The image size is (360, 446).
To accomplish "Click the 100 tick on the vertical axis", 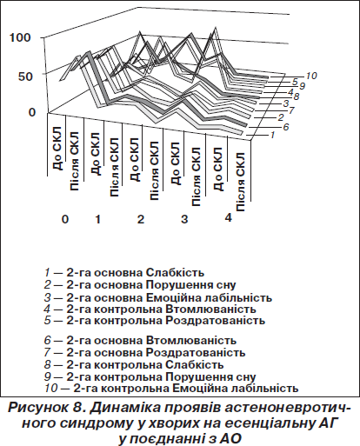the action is [x=20, y=37].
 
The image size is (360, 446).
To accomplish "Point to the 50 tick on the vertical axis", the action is [x=24, y=77].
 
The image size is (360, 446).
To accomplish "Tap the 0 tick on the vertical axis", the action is [x=32, y=112].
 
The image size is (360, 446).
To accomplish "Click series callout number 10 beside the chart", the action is [x=310, y=76].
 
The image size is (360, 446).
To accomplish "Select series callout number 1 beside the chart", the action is [x=272, y=135].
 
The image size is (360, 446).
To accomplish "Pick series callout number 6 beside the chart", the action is [x=286, y=127].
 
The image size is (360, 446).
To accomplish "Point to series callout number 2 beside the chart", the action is [x=280, y=117].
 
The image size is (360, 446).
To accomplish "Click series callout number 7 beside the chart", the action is [x=291, y=110].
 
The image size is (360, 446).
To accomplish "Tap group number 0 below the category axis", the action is [x=65, y=219].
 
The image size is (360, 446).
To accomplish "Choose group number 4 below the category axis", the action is [x=229, y=217].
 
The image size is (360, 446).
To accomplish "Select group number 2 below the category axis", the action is [x=140, y=219].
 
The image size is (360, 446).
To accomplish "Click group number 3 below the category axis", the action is [x=184, y=219].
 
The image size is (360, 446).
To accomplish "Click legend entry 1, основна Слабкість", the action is [x=124, y=273].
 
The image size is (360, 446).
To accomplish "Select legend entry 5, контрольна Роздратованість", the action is [x=155, y=321].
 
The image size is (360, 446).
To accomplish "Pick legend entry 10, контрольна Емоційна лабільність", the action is [x=171, y=388].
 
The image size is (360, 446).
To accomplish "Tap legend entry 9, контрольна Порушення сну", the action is [x=150, y=376].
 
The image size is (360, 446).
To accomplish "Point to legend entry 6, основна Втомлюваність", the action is [x=140, y=340].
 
